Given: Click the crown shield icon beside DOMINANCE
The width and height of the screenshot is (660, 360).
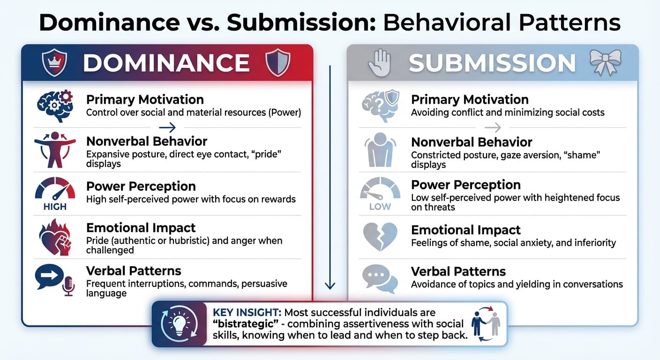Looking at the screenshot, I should [54, 62].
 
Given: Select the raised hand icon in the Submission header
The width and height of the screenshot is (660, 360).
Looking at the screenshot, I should [379, 63].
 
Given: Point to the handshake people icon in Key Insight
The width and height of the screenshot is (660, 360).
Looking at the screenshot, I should [486, 323].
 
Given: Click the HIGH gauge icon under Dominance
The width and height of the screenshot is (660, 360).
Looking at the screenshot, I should [55, 194].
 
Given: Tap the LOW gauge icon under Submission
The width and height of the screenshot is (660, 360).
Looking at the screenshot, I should [380, 194].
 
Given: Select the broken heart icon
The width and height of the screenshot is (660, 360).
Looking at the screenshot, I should [380, 236].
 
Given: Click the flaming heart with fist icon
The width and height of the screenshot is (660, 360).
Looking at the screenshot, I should [55, 236].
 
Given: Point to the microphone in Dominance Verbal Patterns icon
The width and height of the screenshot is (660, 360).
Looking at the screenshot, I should [68, 285].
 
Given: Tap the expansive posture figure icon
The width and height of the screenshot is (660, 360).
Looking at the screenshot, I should [55, 150].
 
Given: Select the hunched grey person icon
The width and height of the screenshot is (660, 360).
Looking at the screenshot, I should [380, 150].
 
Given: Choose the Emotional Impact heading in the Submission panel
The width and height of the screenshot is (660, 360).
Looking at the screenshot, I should [465, 230].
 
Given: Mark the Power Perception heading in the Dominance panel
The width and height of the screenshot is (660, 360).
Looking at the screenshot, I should [141, 186].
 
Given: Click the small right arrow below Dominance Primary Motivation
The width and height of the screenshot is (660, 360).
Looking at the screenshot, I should [167, 127].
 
